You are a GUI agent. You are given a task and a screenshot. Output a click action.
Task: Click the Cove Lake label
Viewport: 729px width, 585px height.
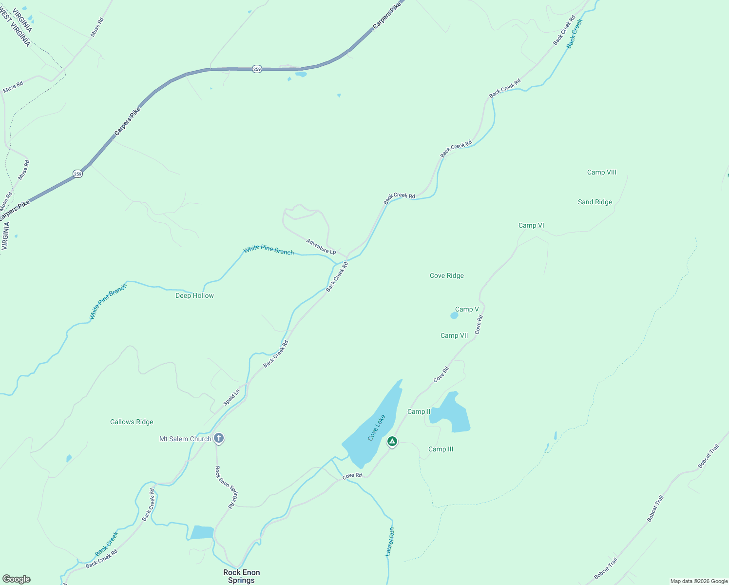[x=377, y=428]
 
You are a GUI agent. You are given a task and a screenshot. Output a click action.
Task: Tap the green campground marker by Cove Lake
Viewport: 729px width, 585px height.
[x=392, y=442]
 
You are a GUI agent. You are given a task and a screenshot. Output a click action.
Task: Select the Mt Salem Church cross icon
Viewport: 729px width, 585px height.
[x=219, y=438]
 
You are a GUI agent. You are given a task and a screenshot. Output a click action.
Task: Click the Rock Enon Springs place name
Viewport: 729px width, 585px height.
[x=241, y=576]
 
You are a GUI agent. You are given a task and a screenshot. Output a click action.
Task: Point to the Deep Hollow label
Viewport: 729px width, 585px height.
[x=194, y=295]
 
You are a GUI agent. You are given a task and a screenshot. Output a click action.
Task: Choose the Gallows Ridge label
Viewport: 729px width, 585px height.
[x=132, y=422]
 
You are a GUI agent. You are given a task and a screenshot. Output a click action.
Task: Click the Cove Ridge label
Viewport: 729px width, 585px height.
[x=446, y=276]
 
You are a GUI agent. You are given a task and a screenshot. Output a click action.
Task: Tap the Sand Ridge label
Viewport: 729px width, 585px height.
[x=595, y=202]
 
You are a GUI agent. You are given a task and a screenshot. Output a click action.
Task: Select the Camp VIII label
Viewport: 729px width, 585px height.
[x=601, y=173]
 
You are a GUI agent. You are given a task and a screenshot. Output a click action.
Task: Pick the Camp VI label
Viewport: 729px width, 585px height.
[x=531, y=225]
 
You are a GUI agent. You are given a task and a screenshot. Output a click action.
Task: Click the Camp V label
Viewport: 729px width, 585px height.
[x=466, y=309]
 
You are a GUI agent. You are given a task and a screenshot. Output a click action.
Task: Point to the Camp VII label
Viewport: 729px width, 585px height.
[x=454, y=335]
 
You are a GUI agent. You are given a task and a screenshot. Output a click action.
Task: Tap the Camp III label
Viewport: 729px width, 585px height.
[x=441, y=449]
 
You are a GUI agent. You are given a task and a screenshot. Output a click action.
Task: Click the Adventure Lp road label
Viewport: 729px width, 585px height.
[x=321, y=246]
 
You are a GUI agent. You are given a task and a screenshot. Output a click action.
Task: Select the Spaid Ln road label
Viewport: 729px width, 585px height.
[x=231, y=397]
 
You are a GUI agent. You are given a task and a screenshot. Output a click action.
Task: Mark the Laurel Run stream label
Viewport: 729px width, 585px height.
[x=390, y=542]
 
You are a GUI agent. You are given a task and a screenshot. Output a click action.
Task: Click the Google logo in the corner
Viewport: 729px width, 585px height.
[x=17, y=579]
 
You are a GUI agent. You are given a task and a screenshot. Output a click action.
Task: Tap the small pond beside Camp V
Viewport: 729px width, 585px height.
[x=454, y=316]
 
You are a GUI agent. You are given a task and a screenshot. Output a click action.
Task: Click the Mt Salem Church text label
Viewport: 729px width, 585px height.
[x=185, y=439]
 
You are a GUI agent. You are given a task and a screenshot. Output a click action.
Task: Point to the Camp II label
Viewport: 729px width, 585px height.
[x=419, y=412]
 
